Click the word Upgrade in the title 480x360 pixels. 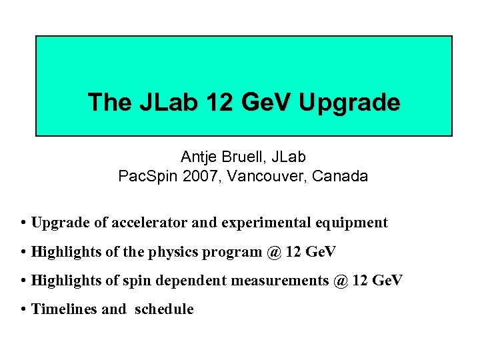point(350,103)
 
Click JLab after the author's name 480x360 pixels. point(288,157)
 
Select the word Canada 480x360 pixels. point(342,177)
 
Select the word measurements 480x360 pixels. point(279,281)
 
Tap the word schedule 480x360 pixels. point(164,309)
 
